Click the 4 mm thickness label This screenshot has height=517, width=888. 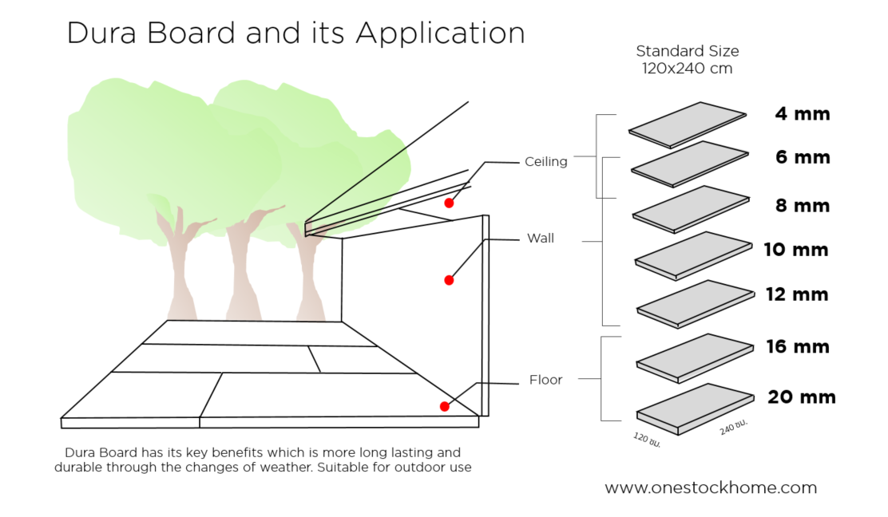(x=802, y=114)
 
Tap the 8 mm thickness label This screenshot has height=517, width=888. (x=803, y=206)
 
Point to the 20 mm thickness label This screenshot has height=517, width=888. (x=802, y=397)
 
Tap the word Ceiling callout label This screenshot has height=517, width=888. (x=546, y=162)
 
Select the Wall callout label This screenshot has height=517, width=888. (x=541, y=239)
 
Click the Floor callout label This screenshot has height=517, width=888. (x=546, y=380)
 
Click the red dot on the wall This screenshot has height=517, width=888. (x=449, y=280)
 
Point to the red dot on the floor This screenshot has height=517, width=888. (x=444, y=407)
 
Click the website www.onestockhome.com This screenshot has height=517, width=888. (x=710, y=487)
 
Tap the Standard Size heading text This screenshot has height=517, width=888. (x=688, y=51)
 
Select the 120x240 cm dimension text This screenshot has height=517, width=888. (x=688, y=69)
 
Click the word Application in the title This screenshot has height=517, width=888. (x=440, y=34)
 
